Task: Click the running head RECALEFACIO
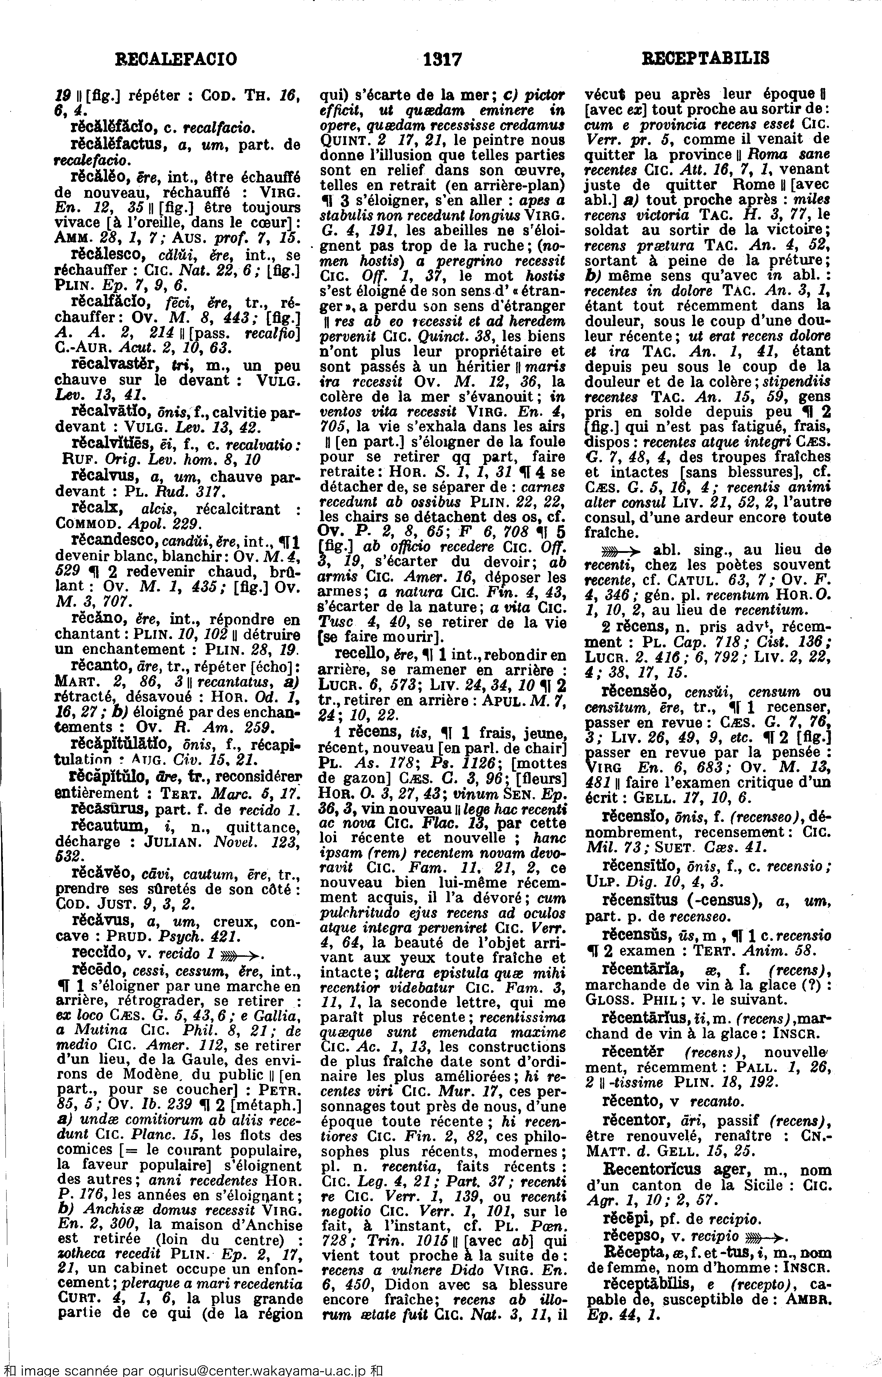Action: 176,59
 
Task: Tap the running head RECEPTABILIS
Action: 706,59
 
